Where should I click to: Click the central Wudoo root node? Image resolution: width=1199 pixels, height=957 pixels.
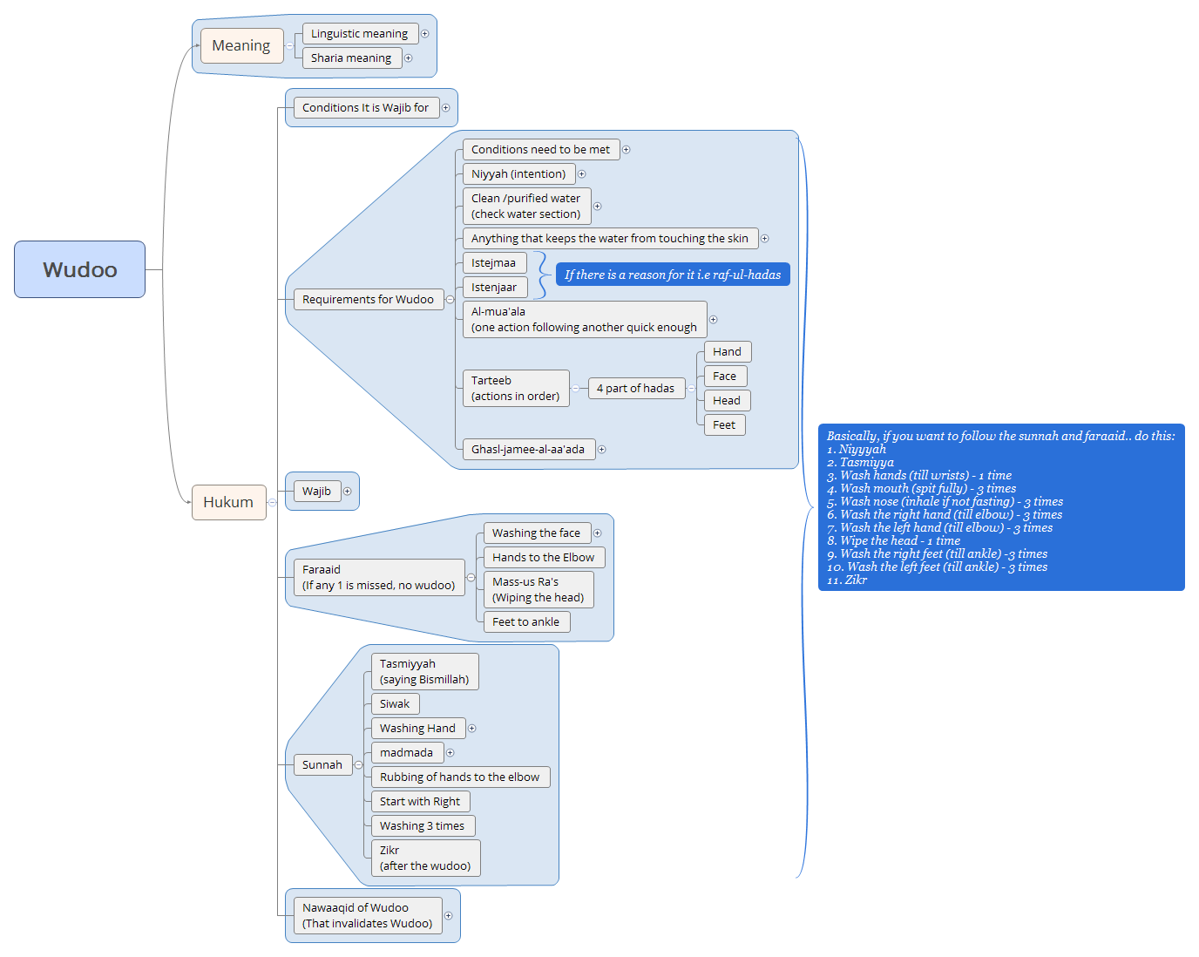click(x=79, y=269)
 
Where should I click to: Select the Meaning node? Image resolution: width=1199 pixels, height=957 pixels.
click(x=241, y=45)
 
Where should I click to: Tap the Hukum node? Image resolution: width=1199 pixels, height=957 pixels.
click(x=228, y=502)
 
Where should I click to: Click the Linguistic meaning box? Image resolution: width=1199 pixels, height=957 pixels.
click(x=359, y=34)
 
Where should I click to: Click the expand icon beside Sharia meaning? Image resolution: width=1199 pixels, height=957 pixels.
click(x=409, y=58)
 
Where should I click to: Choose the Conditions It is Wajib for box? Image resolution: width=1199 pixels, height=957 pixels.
click(x=365, y=108)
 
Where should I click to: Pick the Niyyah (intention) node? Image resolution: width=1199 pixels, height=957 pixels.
click(x=518, y=174)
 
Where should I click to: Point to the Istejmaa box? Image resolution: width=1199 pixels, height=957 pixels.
click(x=494, y=263)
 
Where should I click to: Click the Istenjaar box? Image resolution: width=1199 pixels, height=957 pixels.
click(x=494, y=288)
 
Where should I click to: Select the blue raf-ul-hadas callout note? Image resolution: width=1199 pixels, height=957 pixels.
click(x=673, y=275)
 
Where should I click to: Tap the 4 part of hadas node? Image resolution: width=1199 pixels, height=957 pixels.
click(x=635, y=389)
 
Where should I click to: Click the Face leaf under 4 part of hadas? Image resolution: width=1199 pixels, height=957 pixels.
click(x=725, y=377)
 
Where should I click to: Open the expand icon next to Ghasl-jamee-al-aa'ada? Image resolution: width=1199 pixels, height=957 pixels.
click(x=602, y=450)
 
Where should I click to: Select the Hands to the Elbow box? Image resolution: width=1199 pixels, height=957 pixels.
click(x=543, y=558)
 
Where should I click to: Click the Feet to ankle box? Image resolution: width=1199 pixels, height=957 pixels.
click(x=525, y=622)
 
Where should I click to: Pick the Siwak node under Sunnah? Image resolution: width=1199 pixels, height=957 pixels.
click(x=395, y=704)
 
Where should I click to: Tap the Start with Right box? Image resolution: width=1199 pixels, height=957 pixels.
click(x=420, y=802)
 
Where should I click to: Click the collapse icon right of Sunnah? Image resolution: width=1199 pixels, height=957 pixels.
click(x=358, y=765)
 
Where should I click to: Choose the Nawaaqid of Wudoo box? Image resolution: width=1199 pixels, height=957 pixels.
click(x=367, y=916)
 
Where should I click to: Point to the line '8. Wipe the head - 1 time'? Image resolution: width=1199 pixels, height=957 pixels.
click(x=893, y=540)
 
